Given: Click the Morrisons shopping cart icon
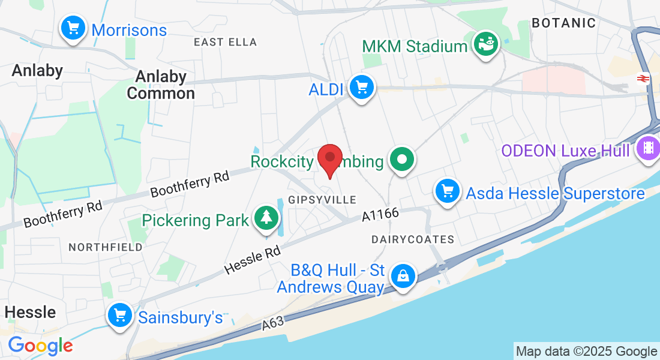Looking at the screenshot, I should [73, 28].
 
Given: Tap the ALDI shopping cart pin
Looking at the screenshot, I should [361, 88].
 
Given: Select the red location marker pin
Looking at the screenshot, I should [329, 160].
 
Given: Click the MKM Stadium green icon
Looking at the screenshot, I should [486, 45].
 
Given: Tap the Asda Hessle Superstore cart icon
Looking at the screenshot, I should [447, 192].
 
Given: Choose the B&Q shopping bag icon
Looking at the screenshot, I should [403, 277].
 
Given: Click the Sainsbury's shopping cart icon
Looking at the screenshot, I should [120, 315].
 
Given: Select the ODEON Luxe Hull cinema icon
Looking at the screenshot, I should [647, 148].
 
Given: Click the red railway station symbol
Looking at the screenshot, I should [644, 79].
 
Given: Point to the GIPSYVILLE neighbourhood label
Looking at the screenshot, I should [322, 199].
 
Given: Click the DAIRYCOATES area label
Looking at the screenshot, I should [413, 239].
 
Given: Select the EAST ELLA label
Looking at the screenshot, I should [225, 42].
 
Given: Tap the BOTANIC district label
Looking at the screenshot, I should [564, 23].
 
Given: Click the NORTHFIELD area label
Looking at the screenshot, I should [106, 247].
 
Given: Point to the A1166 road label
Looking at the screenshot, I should [380, 216].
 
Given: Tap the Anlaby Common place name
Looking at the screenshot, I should [161, 85].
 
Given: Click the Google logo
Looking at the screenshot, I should [40, 346].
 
